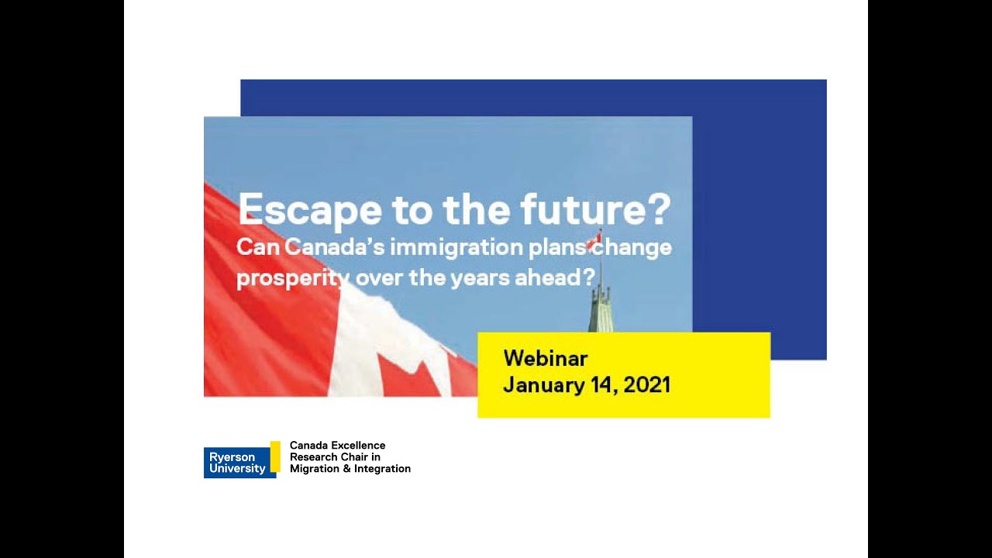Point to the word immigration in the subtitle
coord(446,248)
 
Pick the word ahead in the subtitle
coord(553,277)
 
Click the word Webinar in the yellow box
coord(545,358)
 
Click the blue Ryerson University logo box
coord(237,463)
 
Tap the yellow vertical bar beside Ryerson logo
coord(275,456)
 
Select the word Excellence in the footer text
coord(358,446)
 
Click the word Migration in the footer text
coord(315,469)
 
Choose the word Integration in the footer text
coord(382,469)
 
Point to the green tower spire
coord(599,307)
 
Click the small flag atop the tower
coord(594,239)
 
